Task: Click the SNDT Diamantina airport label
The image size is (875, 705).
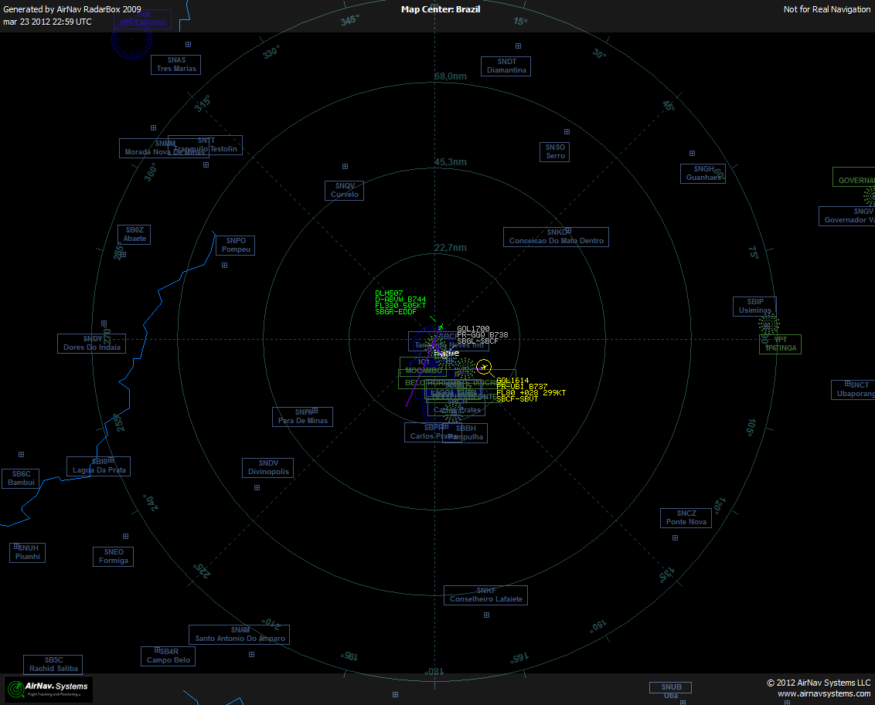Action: pos(506,66)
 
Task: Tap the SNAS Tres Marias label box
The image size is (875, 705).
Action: pos(175,64)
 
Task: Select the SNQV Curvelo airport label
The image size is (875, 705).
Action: pos(345,190)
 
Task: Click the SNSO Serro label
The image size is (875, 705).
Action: pos(555,152)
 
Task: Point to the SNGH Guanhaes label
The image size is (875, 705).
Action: pos(703,174)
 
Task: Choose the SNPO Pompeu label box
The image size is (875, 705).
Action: pos(235,246)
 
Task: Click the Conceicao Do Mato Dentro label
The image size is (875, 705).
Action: pos(556,237)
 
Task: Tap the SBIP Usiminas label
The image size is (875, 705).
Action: pos(754,307)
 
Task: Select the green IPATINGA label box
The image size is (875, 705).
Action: pos(780,344)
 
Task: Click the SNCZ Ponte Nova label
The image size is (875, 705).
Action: pos(686,518)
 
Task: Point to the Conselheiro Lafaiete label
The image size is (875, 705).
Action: pos(485,595)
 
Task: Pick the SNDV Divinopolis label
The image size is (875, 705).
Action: pos(268,468)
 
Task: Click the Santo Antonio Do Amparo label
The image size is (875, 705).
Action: pos(240,635)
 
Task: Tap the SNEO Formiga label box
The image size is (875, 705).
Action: pos(113,557)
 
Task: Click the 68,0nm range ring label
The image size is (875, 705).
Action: pos(451,76)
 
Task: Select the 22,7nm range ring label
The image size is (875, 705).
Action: pos(451,248)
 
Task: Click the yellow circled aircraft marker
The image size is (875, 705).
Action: pos(484,366)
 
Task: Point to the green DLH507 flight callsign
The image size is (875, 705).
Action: pos(389,293)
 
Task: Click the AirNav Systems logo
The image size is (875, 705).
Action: pos(49,689)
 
